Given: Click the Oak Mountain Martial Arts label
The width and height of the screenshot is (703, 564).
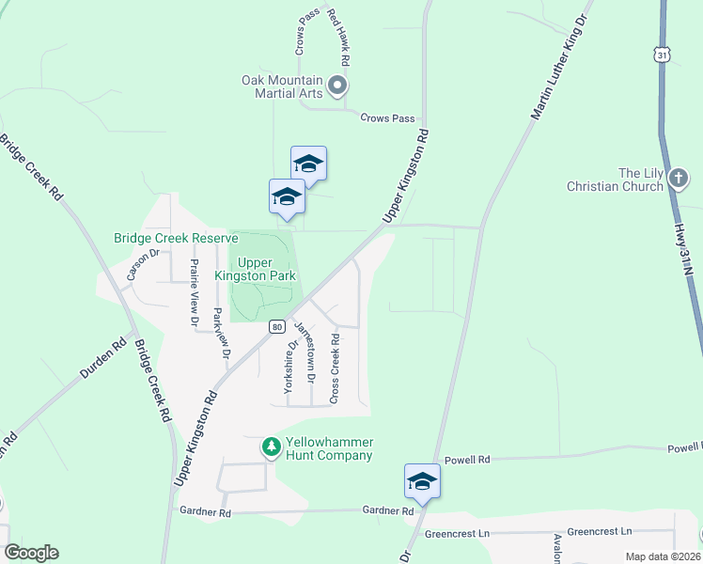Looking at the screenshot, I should click(282, 86).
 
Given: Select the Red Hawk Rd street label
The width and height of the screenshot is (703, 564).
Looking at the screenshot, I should click(339, 39).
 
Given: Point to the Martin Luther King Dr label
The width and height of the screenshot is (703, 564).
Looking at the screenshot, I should click(560, 66).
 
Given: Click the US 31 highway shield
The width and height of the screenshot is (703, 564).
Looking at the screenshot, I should click(663, 56).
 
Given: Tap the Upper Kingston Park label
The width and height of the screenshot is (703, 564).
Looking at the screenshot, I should click(267, 269).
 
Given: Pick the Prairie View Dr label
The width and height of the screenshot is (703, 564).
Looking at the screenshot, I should click(195, 292).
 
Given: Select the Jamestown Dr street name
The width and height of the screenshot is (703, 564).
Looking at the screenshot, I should click(305, 352).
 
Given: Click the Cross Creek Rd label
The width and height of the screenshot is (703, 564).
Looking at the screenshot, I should click(335, 368).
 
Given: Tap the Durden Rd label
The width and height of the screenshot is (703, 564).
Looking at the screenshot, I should click(103, 358).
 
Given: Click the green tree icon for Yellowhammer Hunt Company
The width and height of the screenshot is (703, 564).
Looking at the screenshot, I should click(272, 446).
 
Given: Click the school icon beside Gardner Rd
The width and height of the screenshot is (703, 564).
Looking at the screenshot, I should click(423, 481).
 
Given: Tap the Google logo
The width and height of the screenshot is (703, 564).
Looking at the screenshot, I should click(31, 553).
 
